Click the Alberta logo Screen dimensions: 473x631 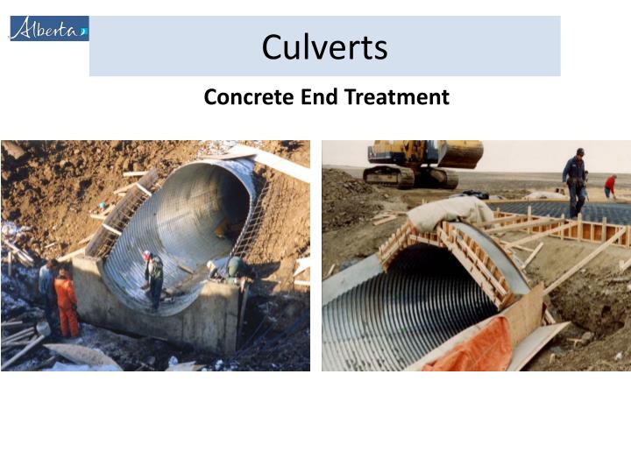pos(49,28)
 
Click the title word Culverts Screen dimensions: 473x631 pos(324,46)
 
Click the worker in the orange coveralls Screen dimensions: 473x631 pos(66,302)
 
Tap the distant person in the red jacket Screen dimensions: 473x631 pos(610,186)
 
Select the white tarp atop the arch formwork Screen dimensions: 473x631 pos(449,210)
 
